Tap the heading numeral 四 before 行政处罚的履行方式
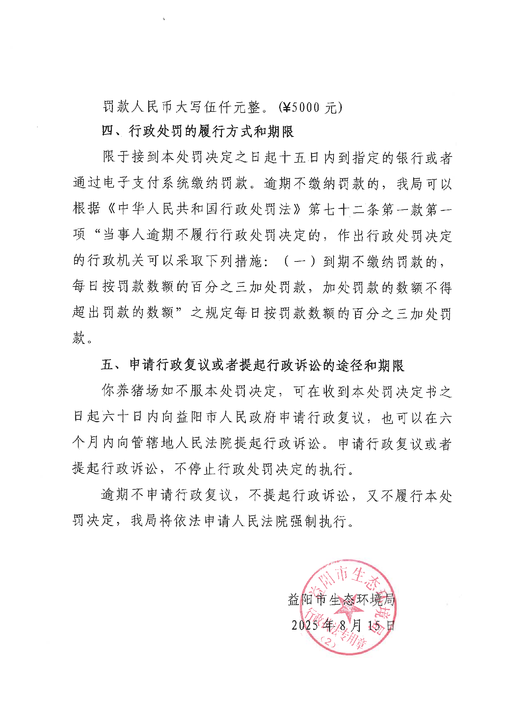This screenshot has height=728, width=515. [x=108, y=131]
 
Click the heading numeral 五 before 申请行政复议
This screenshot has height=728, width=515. [x=108, y=365]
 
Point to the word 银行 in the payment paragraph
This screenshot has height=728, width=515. [x=410, y=158]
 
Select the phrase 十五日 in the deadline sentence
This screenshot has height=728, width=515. [x=299, y=158]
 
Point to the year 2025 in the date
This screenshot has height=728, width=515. [x=305, y=625]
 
